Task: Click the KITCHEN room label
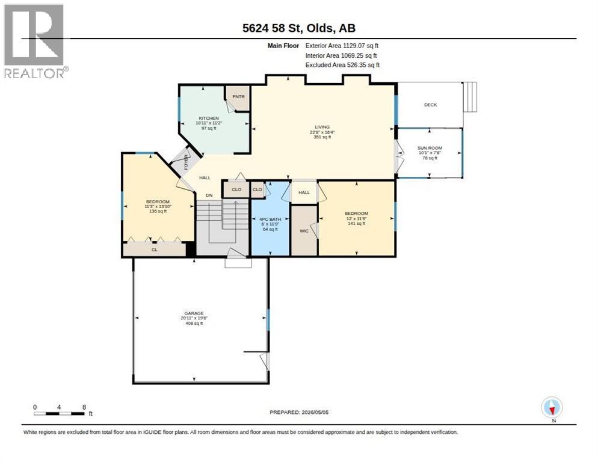click(x=209, y=119)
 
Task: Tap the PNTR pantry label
click(x=238, y=96)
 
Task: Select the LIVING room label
click(x=322, y=127)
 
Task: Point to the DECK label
click(x=431, y=105)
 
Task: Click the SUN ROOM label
click(x=430, y=148)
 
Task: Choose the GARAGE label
click(x=194, y=313)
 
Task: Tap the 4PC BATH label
click(x=270, y=220)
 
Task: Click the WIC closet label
click(x=304, y=231)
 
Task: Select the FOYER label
click(x=186, y=162)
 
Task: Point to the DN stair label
click(x=209, y=196)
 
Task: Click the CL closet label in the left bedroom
click(x=155, y=250)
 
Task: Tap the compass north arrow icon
click(x=552, y=408)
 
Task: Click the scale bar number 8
click(x=84, y=407)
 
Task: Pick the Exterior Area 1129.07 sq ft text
click(x=342, y=46)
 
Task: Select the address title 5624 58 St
click(x=273, y=28)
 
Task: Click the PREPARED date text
click(x=299, y=412)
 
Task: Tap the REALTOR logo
click(x=35, y=41)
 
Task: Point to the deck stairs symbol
click(x=470, y=97)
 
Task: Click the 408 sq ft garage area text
click(x=194, y=323)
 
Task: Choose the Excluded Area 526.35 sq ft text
click(x=342, y=65)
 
